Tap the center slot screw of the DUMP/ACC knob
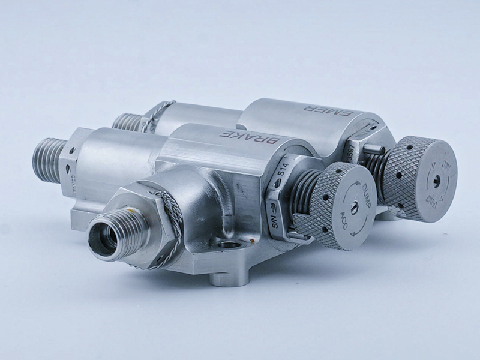click(354, 206)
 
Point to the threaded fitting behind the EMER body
click(126, 121)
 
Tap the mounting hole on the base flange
click(229, 245)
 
